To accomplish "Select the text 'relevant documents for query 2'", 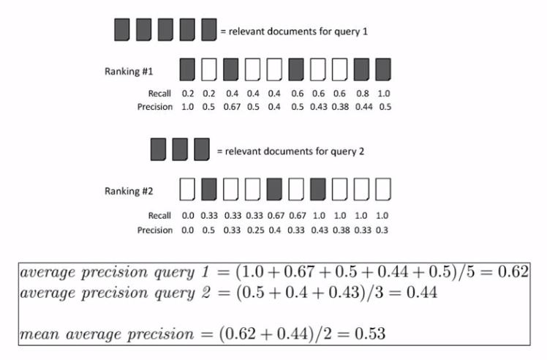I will pos(290,151).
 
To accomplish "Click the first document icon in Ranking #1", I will pos(187,70).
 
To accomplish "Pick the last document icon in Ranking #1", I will pos(383,70).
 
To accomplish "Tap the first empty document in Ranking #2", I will pos(187,190).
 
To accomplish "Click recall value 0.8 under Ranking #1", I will pos(361,94).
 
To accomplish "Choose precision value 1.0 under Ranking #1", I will pos(187,107).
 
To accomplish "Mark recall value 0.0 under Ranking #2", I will pos(187,216).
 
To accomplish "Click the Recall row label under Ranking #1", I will pos(160,94).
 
